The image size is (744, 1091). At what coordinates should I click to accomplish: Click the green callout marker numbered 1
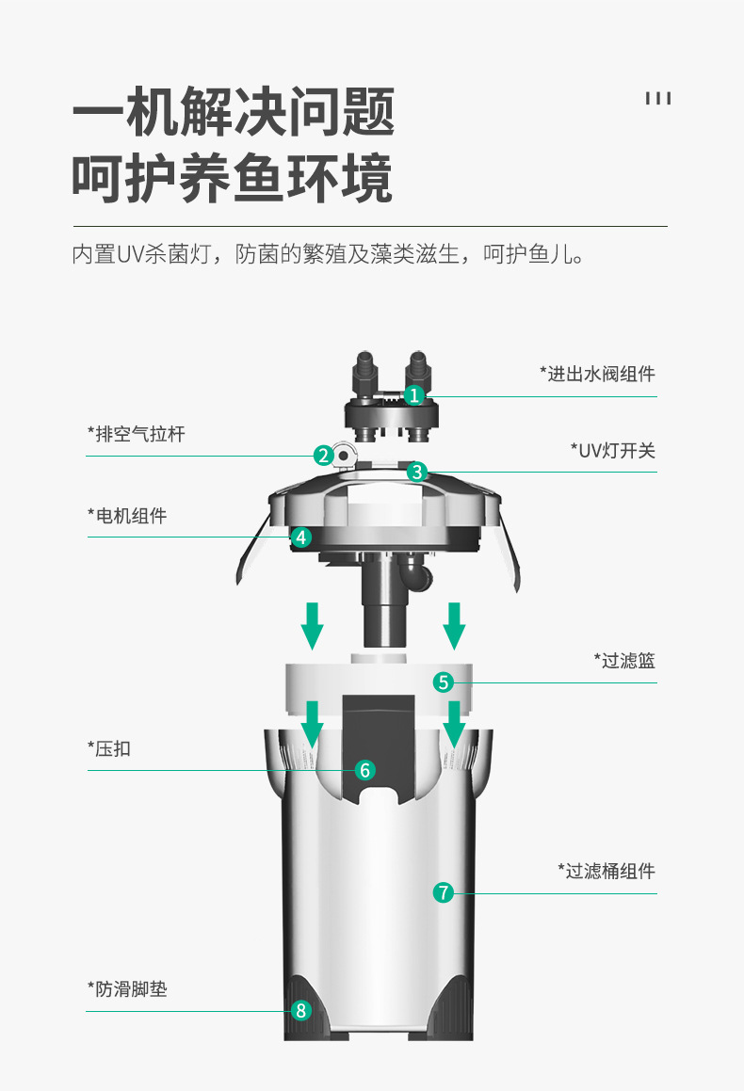[414, 395]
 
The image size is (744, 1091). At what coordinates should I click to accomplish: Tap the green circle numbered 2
[324, 456]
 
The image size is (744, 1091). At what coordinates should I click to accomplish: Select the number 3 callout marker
[417, 472]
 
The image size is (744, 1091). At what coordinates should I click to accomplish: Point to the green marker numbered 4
[300, 537]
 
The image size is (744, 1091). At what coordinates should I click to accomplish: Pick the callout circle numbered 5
[444, 682]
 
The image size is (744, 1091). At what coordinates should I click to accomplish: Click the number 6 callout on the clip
[365, 770]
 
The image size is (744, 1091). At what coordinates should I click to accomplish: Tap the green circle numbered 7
[444, 892]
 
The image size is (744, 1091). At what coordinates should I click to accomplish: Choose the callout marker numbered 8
[300, 1011]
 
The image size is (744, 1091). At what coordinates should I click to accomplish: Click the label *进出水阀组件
[597, 374]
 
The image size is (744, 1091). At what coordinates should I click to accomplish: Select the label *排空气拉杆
[137, 434]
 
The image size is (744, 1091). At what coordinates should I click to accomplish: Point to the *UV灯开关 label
[612, 450]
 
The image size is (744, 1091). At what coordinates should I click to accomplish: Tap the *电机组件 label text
[127, 516]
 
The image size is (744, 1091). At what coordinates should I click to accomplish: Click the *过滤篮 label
[624, 661]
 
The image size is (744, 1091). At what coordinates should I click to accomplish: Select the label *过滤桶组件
[606, 871]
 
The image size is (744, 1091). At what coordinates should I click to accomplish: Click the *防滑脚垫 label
[127, 989]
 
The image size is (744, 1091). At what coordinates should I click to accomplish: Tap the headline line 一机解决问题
[234, 112]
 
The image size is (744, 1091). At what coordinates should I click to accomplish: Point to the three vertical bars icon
[658, 99]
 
